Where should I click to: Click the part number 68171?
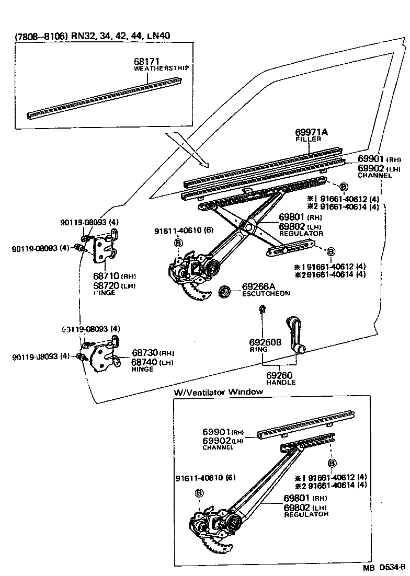pyautogui.click(x=146, y=62)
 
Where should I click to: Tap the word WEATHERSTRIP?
pyautogui.click(x=161, y=68)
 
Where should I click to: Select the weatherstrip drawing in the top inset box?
pyautogui.click(x=105, y=97)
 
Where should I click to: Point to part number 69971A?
pyautogui.click(x=311, y=133)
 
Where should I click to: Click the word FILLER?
pyautogui.click(x=305, y=140)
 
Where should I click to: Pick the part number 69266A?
pyautogui.click(x=258, y=286)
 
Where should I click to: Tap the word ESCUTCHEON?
pyautogui.click(x=266, y=294)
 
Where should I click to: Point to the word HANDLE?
pyautogui.click(x=280, y=382)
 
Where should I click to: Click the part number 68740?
pyautogui.click(x=145, y=362)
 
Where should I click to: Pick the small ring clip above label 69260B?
pyautogui.click(x=261, y=312)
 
